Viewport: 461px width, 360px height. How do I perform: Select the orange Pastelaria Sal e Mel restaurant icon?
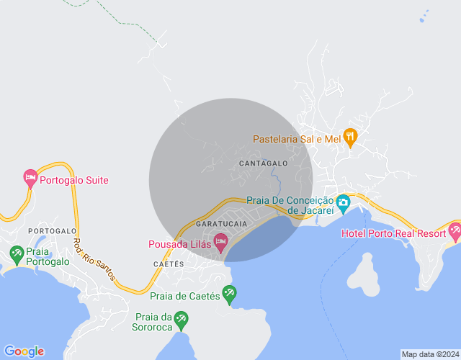351,137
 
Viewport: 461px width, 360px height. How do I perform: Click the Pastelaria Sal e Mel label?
296,139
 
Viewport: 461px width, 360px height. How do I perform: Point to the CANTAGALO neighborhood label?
263,163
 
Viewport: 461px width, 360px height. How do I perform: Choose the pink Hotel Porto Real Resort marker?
454,230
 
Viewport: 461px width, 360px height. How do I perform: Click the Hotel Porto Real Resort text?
393,233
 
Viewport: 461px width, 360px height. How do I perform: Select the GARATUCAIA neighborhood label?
221,224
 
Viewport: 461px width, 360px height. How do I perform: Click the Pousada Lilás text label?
179,244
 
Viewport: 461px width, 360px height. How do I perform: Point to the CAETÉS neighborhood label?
169,264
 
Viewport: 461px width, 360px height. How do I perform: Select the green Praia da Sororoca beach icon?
182,319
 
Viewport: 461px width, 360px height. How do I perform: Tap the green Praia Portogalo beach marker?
17,253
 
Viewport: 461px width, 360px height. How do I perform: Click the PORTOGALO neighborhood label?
52,230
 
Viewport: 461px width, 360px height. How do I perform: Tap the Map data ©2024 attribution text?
429,354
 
